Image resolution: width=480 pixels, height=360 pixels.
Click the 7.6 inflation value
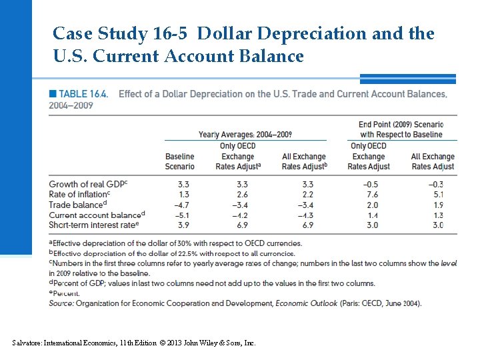(x=372, y=195)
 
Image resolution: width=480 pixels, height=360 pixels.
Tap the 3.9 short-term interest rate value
(x=181, y=225)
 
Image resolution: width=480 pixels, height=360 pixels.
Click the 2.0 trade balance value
(x=372, y=205)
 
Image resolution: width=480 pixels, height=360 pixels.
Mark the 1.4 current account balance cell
(x=372, y=215)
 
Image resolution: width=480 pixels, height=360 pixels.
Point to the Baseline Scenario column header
(x=180, y=161)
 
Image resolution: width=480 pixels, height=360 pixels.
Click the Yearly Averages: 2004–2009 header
(x=245, y=135)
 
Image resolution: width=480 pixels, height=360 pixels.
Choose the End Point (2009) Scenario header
(x=401, y=129)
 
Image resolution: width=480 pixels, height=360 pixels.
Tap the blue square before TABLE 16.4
(x=52, y=94)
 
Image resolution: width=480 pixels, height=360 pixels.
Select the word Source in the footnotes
(x=61, y=303)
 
